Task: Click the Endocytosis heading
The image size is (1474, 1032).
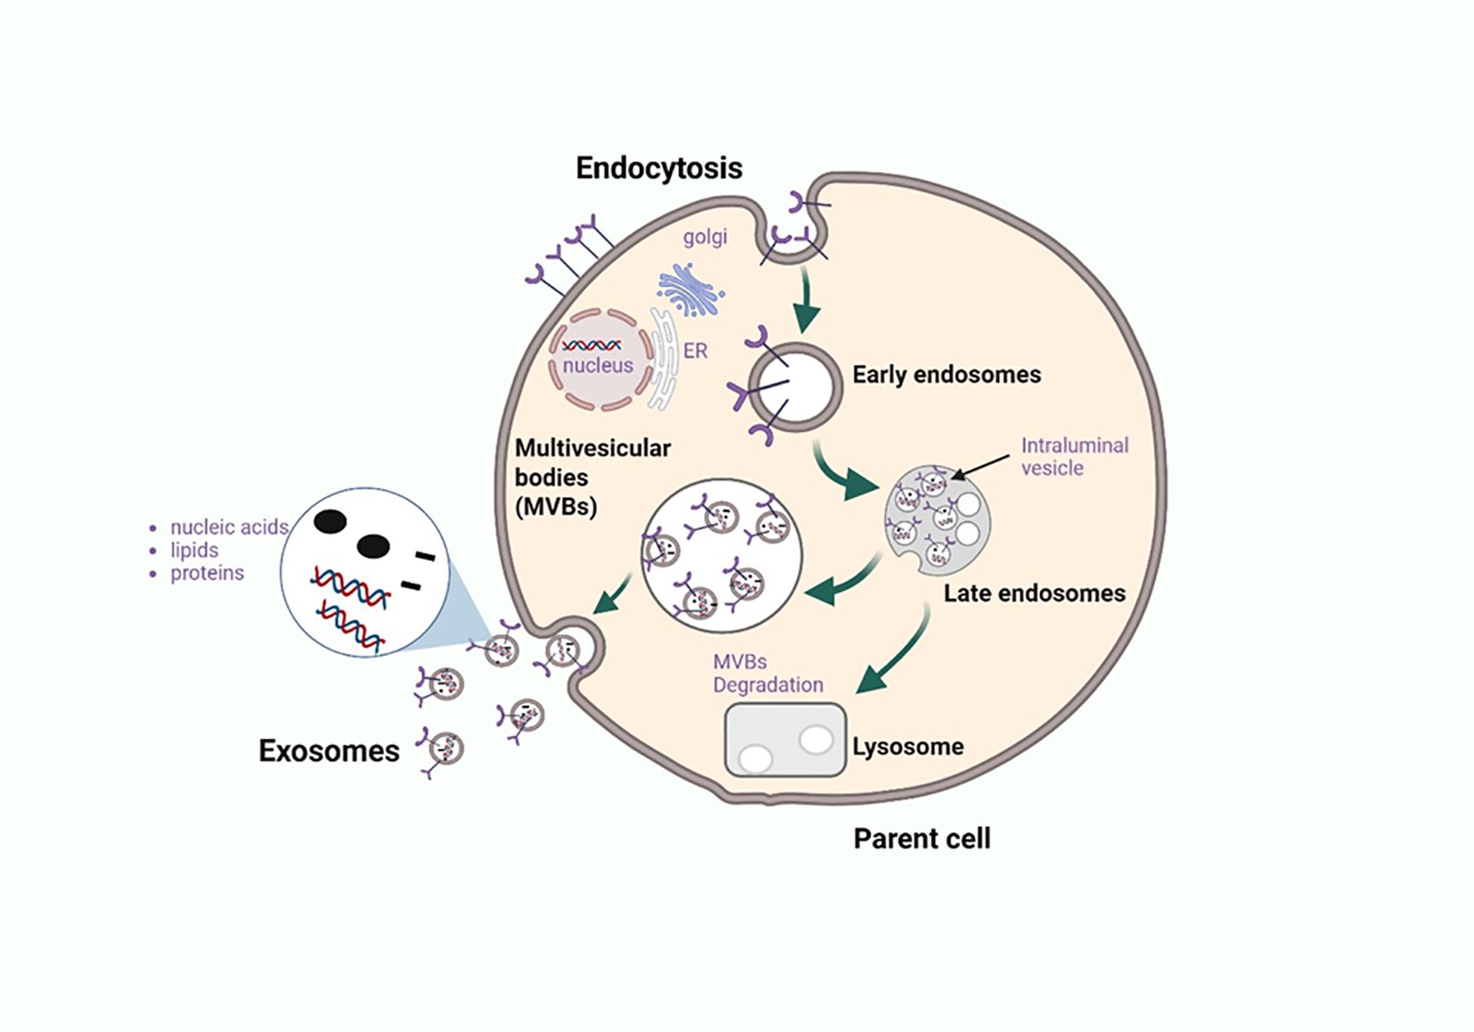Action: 659,168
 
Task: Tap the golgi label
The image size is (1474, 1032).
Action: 705,237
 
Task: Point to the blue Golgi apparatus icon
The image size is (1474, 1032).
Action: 690,290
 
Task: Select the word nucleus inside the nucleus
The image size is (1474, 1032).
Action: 598,365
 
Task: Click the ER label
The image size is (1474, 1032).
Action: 695,351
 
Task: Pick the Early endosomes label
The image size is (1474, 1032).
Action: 946,374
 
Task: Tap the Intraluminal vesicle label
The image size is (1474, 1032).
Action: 1074,456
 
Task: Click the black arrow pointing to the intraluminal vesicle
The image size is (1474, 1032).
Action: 980,467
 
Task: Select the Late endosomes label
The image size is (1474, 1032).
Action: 1034,594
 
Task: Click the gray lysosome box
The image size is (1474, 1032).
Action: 785,740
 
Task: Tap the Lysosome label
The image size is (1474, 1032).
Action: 908,747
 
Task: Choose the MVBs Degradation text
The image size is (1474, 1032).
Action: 767,674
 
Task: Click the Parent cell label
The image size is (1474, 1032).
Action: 921,839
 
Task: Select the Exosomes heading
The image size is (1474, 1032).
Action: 329,751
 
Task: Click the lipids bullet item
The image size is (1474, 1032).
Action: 194,550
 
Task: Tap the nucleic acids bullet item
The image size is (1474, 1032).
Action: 228,527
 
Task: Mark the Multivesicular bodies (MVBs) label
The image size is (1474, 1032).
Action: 593,477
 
